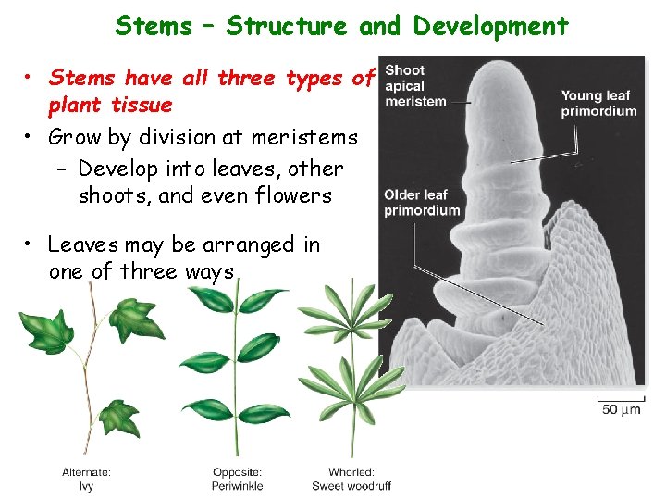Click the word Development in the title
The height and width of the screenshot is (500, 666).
[490, 26]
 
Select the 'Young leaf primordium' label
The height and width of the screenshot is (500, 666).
[598, 103]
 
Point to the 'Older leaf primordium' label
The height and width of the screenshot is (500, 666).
[422, 202]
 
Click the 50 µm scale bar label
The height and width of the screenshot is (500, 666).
[621, 409]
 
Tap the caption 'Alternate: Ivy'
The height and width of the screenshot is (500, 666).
[86, 479]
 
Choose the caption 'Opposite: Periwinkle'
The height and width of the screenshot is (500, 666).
[238, 479]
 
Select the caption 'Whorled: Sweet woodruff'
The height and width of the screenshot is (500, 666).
[351, 479]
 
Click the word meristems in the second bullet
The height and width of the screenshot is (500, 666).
[305, 138]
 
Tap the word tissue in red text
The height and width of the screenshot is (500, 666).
[140, 105]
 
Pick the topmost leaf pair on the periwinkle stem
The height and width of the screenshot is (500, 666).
[237, 302]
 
